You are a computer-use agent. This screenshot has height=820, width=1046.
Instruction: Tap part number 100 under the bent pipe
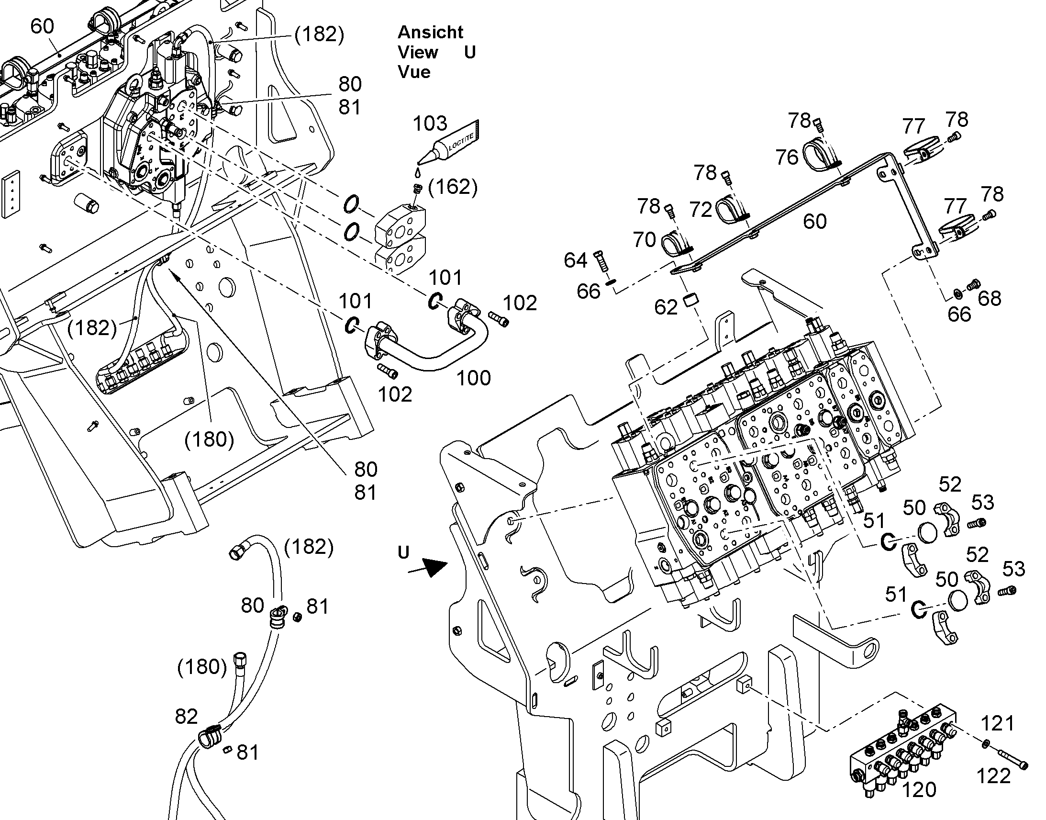[473, 378]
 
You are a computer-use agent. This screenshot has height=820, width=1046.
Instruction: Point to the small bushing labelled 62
[690, 301]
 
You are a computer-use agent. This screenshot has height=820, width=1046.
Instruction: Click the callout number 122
[993, 776]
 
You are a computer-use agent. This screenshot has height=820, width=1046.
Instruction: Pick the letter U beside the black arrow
[403, 552]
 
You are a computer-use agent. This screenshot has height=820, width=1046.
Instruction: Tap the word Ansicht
[430, 32]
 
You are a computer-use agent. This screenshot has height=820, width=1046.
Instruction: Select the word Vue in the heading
[414, 72]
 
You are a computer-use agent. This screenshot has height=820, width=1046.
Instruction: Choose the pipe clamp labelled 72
[733, 210]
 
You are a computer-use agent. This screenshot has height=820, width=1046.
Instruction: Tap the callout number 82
[186, 717]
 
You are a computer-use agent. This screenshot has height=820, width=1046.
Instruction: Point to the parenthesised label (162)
[453, 187]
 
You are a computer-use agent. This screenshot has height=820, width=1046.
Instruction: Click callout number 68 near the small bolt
[990, 299]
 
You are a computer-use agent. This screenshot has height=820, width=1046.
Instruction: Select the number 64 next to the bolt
[575, 260]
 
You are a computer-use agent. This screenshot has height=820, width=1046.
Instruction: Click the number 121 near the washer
[998, 723]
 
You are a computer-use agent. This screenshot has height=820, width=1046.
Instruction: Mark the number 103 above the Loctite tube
[430, 124]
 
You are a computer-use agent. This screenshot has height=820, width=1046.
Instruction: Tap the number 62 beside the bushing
[666, 307]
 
